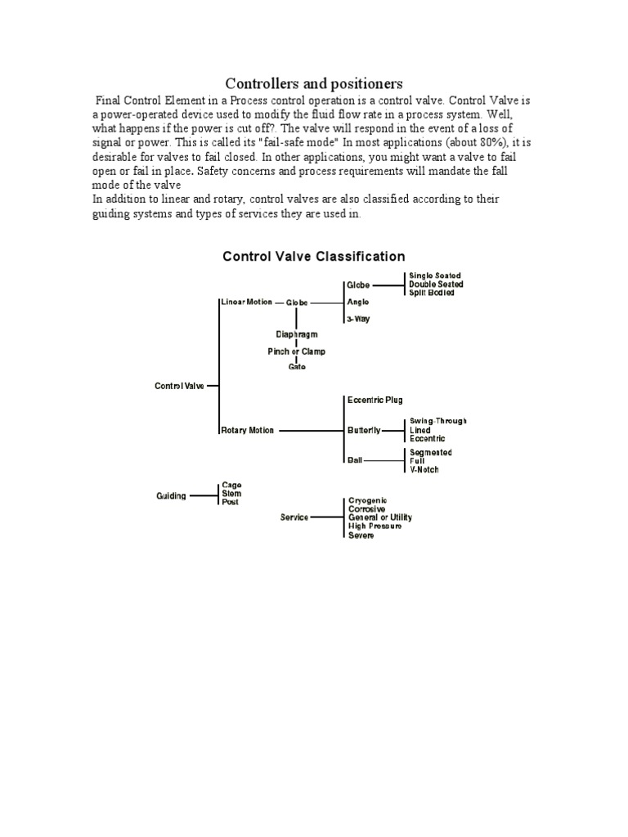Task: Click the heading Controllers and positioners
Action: click(x=314, y=83)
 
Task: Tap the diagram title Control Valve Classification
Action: click(x=314, y=257)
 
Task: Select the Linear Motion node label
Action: click(x=246, y=302)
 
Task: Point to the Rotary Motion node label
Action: click(x=247, y=430)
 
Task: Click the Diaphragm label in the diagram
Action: click(x=296, y=334)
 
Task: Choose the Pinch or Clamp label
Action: click(x=296, y=351)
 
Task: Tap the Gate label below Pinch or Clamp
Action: click(x=296, y=367)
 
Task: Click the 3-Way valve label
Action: click(x=358, y=319)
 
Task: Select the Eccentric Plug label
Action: click(x=375, y=400)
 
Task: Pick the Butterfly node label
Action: click(x=364, y=430)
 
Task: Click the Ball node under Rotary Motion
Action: click(x=354, y=460)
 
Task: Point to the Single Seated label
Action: click(x=435, y=276)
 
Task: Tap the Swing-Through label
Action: click(x=438, y=421)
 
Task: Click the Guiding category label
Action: click(x=172, y=495)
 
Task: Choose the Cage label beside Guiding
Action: click(x=231, y=486)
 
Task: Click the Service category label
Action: click(x=294, y=517)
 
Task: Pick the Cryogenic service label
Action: click(x=368, y=500)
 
